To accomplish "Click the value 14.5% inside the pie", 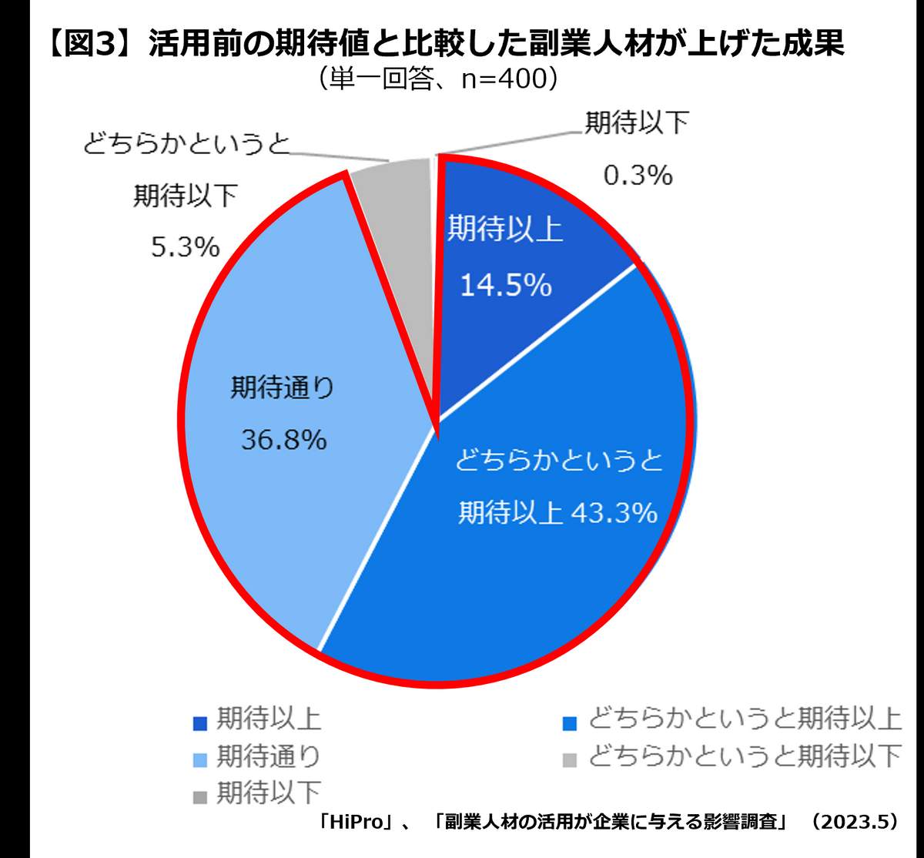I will click(x=506, y=286).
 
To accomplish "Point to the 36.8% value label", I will click(x=283, y=440).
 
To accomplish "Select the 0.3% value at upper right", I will click(x=638, y=176).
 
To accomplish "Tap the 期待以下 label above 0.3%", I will click(x=636, y=123).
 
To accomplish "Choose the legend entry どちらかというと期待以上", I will click(x=744, y=719).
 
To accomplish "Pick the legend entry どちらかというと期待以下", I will click(x=744, y=756).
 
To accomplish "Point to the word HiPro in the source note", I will click(x=360, y=822).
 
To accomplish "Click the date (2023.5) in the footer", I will click(x=851, y=822).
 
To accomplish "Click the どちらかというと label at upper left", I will click(x=186, y=144).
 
